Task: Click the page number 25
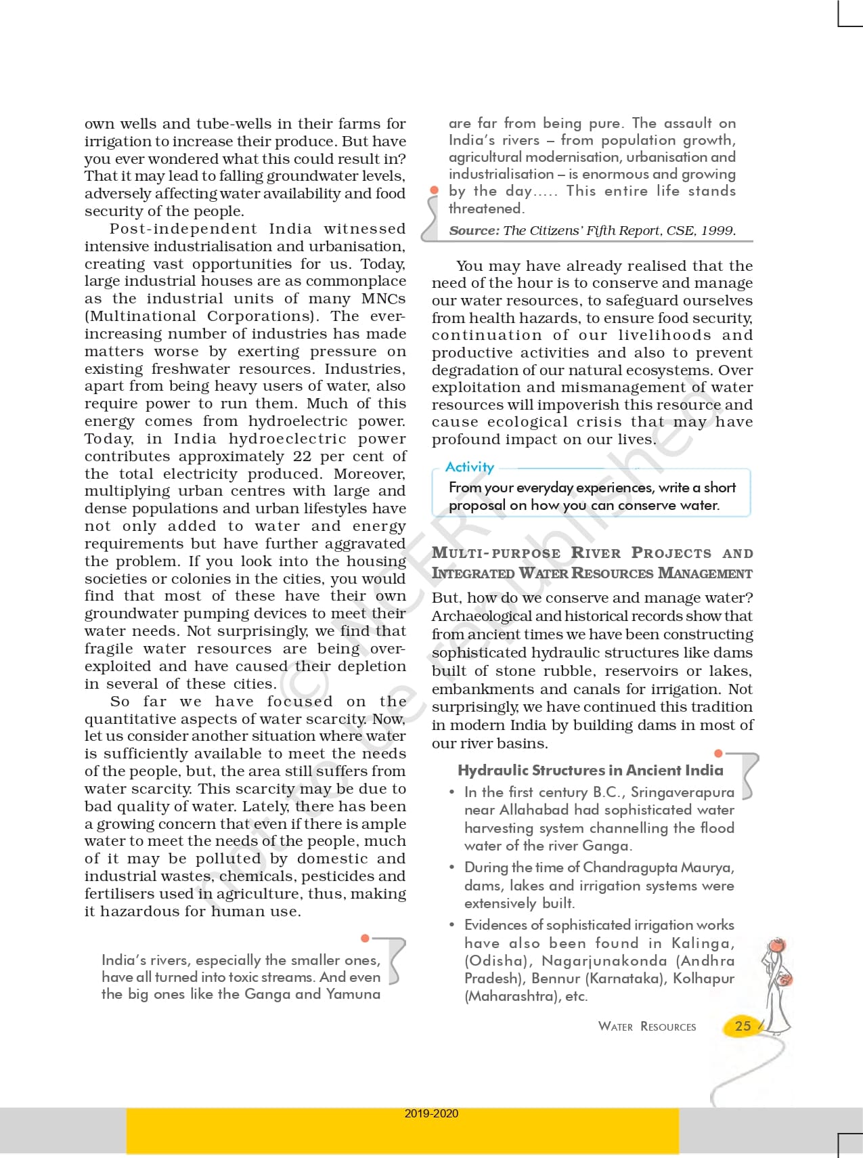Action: tap(743, 1026)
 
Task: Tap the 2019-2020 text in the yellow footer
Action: tap(431, 1113)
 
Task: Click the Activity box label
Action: tap(470, 467)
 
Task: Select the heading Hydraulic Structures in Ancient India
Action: tap(590, 770)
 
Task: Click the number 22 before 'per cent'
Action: tap(302, 456)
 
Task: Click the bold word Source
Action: tap(474, 230)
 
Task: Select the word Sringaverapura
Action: tap(682, 792)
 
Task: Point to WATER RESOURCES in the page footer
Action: tap(647, 1027)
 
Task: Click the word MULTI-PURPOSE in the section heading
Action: tap(496, 553)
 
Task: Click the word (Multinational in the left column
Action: tap(140, 316)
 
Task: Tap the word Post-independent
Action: tap(183, 229)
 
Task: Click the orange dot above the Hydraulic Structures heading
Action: tap(718, 753)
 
